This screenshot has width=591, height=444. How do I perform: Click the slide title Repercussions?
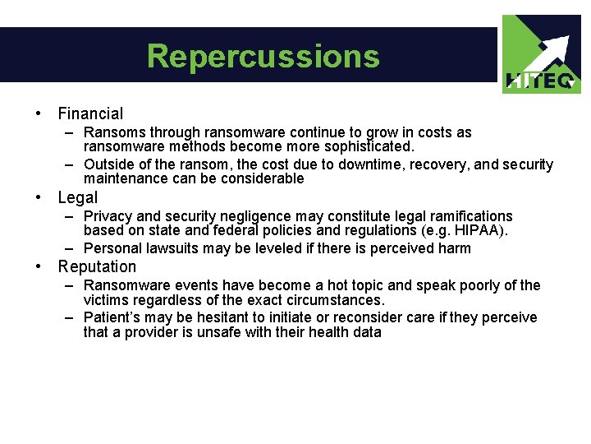[263, 56]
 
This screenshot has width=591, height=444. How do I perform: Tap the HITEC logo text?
[542, 81]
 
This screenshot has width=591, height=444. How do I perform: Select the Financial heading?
[90, 113]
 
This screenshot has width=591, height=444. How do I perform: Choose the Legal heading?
[77, 197]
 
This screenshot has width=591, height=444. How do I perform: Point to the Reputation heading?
[97, 266]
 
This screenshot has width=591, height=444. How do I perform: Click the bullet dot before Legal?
[38, 197]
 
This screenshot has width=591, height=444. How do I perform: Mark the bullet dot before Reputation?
[38, 266]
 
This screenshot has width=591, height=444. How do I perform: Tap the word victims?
[106, 300]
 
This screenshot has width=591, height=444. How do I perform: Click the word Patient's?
[112, 317]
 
